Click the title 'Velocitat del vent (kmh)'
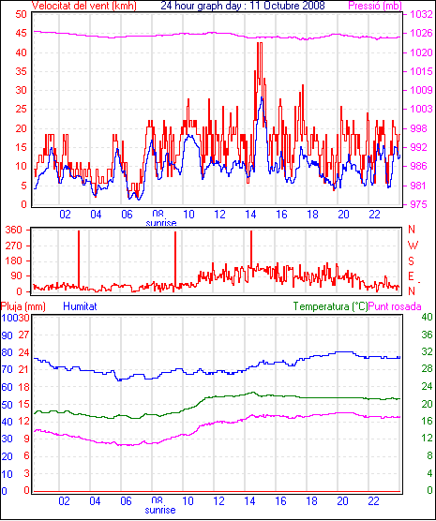click(x=83, y=6)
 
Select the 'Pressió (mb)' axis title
click(x=375, y=6)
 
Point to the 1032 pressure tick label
click(x=421, y=15)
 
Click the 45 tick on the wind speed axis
click(x=21, y=34)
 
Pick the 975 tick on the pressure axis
click(x=418, y=204)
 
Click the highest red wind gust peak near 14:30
click(x=260, y=43)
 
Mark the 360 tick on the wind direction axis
click(x=14, y=230)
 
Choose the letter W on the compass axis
click(x=413, y=246)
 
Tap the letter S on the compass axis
click(x=411, y=261)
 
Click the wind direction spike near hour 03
click(x=79, y=260)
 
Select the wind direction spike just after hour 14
click(x=251, y=249)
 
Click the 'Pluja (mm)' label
click(x=23, y=306)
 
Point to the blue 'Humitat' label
click(x=80, y=306)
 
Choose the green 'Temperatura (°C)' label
click(x=331, y=306)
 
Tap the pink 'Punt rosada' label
click(x=395, y=306)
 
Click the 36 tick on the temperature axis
click(x=427, y=335)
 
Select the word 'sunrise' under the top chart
click(x=161, y=223)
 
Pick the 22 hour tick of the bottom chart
click(x=373, y=500)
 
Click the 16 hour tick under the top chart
click(x=281, y=215)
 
